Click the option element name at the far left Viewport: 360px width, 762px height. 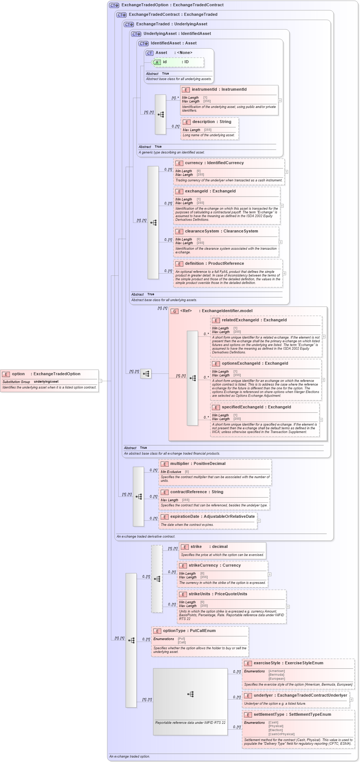click(18, 374)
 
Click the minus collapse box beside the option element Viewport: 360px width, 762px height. click(100, 381)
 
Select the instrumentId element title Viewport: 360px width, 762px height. click(219, 89)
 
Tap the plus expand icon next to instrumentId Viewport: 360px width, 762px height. click(280, 100)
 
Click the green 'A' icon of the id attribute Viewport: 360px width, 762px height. click(157, 62)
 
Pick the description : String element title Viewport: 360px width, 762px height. click(212, 122)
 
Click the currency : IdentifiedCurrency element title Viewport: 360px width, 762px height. click(214, 163)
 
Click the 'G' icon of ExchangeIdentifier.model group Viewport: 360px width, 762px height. click(175, 311)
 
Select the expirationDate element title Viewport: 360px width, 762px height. click(212, 516)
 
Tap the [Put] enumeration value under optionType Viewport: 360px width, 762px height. click(181, 639)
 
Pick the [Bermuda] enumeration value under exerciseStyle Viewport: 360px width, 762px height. click(276, 675)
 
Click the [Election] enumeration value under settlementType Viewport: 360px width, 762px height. click(276, 730)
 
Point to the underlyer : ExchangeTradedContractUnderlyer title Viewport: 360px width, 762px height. click(300, 695)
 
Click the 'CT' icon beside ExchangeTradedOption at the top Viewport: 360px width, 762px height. click(114, 5)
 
